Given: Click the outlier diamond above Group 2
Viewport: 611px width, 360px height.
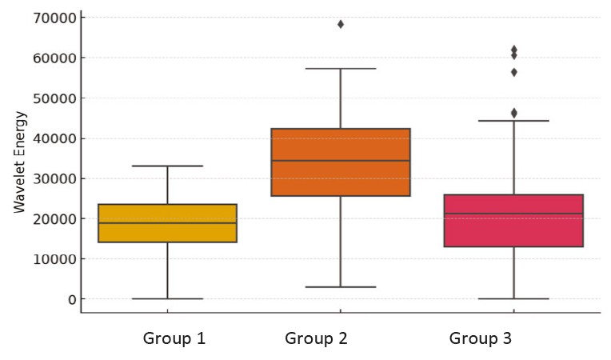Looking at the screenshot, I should (x=341, y=24).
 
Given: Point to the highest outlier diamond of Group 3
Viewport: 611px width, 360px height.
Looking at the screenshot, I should (x=514, y=50).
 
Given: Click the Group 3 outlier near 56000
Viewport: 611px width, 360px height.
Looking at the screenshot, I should (x=514, y=72).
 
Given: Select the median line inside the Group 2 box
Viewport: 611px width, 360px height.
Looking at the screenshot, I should (x=341, y=161).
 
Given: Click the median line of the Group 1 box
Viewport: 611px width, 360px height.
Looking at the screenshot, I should (x=167, y=223).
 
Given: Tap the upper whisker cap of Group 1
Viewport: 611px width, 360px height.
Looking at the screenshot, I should (x=167, y=166).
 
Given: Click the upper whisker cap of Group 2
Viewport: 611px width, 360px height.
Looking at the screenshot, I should (x=341, y=69).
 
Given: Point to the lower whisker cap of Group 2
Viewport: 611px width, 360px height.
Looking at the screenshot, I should (x=341, y=286).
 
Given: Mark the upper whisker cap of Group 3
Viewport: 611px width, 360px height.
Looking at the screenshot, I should (x=513, y=121).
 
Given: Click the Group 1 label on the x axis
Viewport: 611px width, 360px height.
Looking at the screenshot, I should (x=174, y=338).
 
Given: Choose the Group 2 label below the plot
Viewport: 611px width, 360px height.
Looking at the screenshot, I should (x=316, y=338).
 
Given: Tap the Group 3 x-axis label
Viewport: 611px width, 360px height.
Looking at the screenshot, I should (x=481, y=338).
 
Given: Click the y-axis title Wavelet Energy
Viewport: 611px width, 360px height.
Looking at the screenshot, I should (x=20, y=162).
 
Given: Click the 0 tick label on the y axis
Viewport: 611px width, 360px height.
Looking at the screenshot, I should (x=71, y=299).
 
